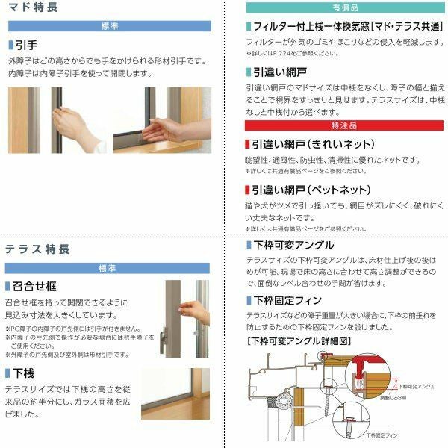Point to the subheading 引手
(x=27, y=45)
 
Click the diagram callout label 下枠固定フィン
(x=382, y=435)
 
